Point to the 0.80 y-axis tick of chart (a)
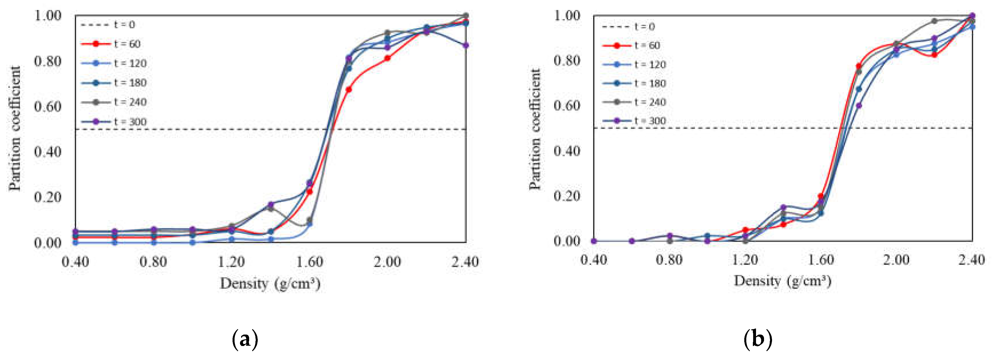point(48,61)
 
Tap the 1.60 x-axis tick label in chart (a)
point(309,262)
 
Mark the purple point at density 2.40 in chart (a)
point(466,45)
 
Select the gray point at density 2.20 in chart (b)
point(934,21)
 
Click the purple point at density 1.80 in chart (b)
point(858,106)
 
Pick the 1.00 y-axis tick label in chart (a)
point(48,15)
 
